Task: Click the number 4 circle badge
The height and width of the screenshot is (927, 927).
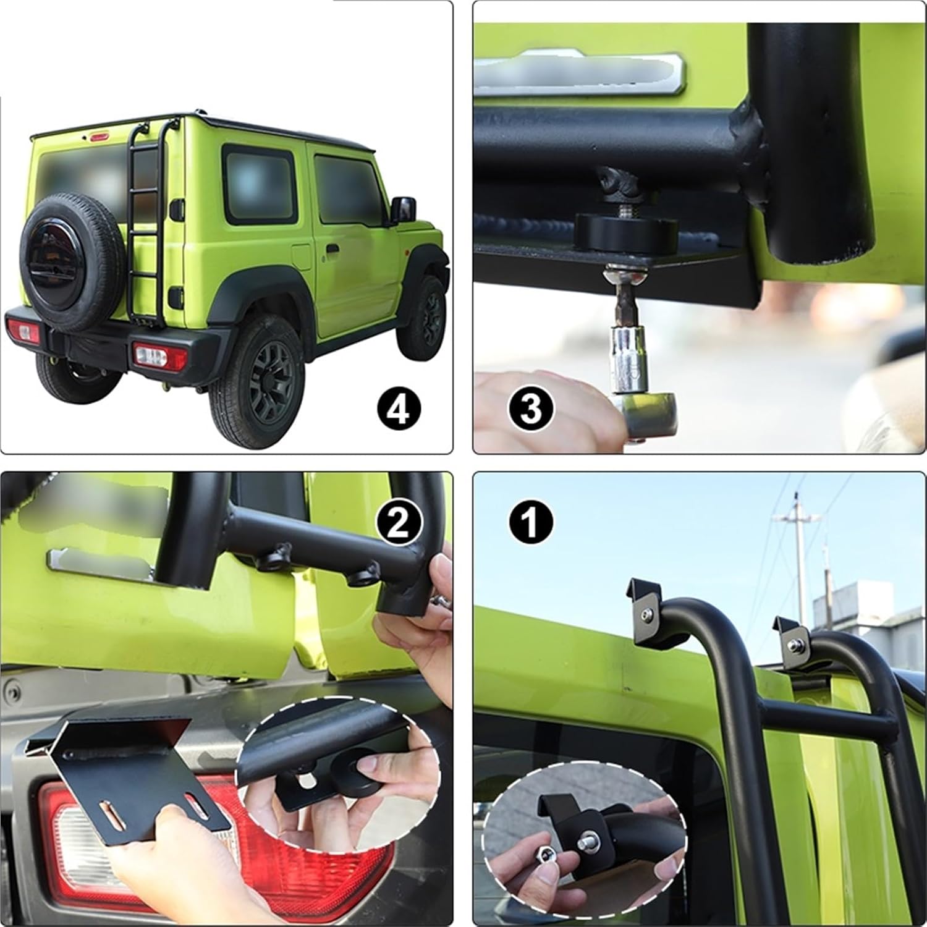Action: click(x=399, y=409)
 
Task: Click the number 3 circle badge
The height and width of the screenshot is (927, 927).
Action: click(x=530, y=408)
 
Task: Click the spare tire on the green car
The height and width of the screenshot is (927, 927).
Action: click(x=73, y=260)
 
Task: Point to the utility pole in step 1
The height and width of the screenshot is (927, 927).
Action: click(x=800, y=556)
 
